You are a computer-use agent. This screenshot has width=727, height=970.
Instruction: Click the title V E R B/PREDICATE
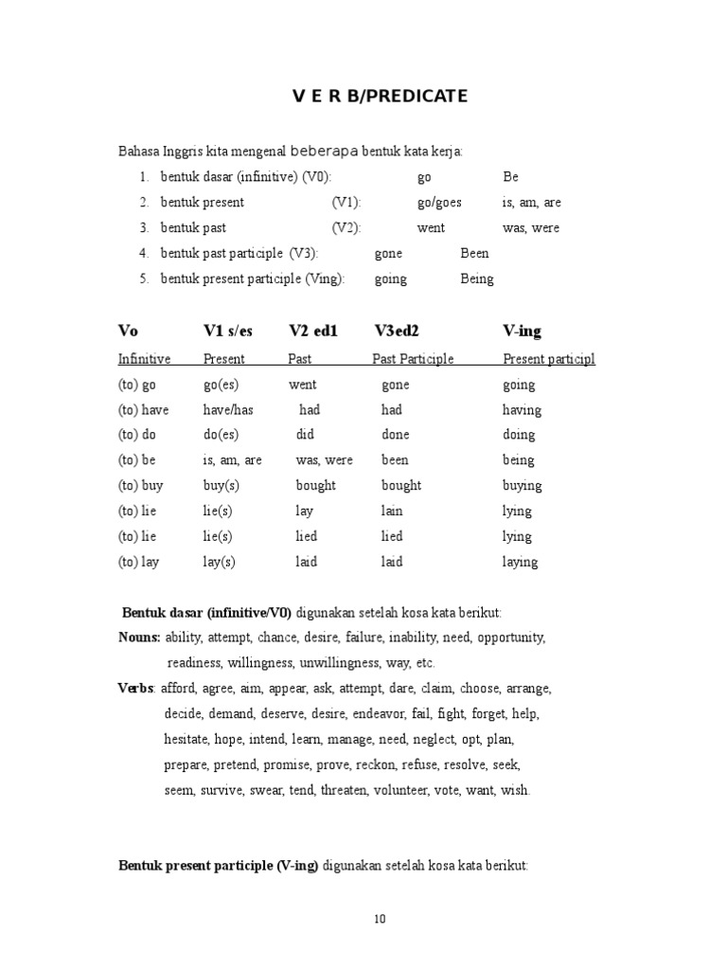coord(379,97)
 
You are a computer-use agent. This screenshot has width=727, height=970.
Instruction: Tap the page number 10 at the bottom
coord(379,918)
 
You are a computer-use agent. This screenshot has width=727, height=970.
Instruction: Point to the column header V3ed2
coord(397,331)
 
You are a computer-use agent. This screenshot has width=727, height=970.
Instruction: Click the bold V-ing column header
coord(522,331)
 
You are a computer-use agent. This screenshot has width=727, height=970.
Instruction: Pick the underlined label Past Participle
coord(413,359)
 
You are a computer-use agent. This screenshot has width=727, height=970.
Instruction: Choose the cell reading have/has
coord(228,410)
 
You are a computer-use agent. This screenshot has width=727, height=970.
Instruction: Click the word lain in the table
coord(392,512)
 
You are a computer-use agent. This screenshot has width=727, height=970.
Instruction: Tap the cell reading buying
coord(522,486)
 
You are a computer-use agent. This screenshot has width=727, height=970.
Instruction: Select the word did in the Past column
coord(306,435)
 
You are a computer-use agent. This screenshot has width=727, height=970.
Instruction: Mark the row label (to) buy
coord(140,486)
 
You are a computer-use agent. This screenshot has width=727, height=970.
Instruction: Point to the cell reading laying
coord(520,562)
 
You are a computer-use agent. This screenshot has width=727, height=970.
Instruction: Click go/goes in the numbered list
coord(439,203)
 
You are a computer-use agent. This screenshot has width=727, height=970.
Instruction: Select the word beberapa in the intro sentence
coord(325,151)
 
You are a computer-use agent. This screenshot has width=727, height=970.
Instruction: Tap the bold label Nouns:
coord(139,638)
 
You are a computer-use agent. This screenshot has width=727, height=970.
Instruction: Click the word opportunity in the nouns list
coord(511,638)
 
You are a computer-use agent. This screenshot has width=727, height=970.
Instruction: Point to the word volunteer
coord(401,789)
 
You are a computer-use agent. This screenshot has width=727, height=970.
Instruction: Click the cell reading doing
coord(519,435)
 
